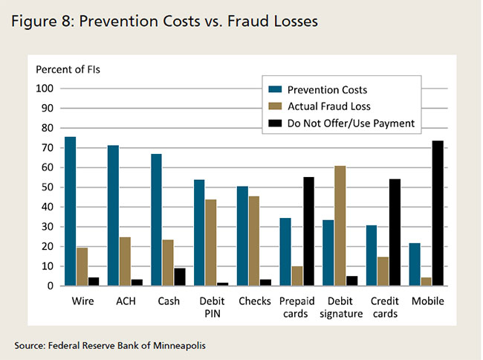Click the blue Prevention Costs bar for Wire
tap(70, 211)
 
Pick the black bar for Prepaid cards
tap(308, 231)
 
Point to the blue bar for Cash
tap(156, 219)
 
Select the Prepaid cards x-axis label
tap(297, 308)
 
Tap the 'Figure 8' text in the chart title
tap(37, 22)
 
